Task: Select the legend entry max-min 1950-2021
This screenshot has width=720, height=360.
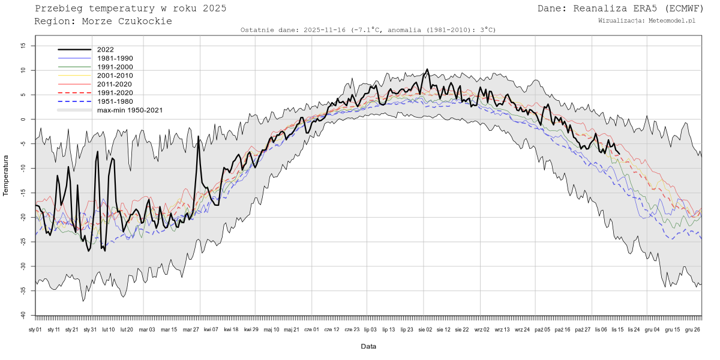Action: point(130,110)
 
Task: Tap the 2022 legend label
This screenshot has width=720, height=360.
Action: point(105,50)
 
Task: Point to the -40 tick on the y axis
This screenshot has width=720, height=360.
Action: point(22,315)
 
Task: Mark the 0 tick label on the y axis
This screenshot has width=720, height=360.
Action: point(24,119)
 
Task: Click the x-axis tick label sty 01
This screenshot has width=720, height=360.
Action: point(35,329)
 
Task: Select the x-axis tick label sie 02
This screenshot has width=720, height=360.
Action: point(425,329)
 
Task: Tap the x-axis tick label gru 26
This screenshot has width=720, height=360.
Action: point(692,329)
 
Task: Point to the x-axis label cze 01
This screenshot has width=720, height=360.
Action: point(311,329)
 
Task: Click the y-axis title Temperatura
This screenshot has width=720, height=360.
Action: point(6,175)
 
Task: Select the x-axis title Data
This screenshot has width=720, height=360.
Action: point(368,346)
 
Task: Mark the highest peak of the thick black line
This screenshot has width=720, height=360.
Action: point(427,70)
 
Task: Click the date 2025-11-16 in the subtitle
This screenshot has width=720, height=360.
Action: point(326,30)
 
